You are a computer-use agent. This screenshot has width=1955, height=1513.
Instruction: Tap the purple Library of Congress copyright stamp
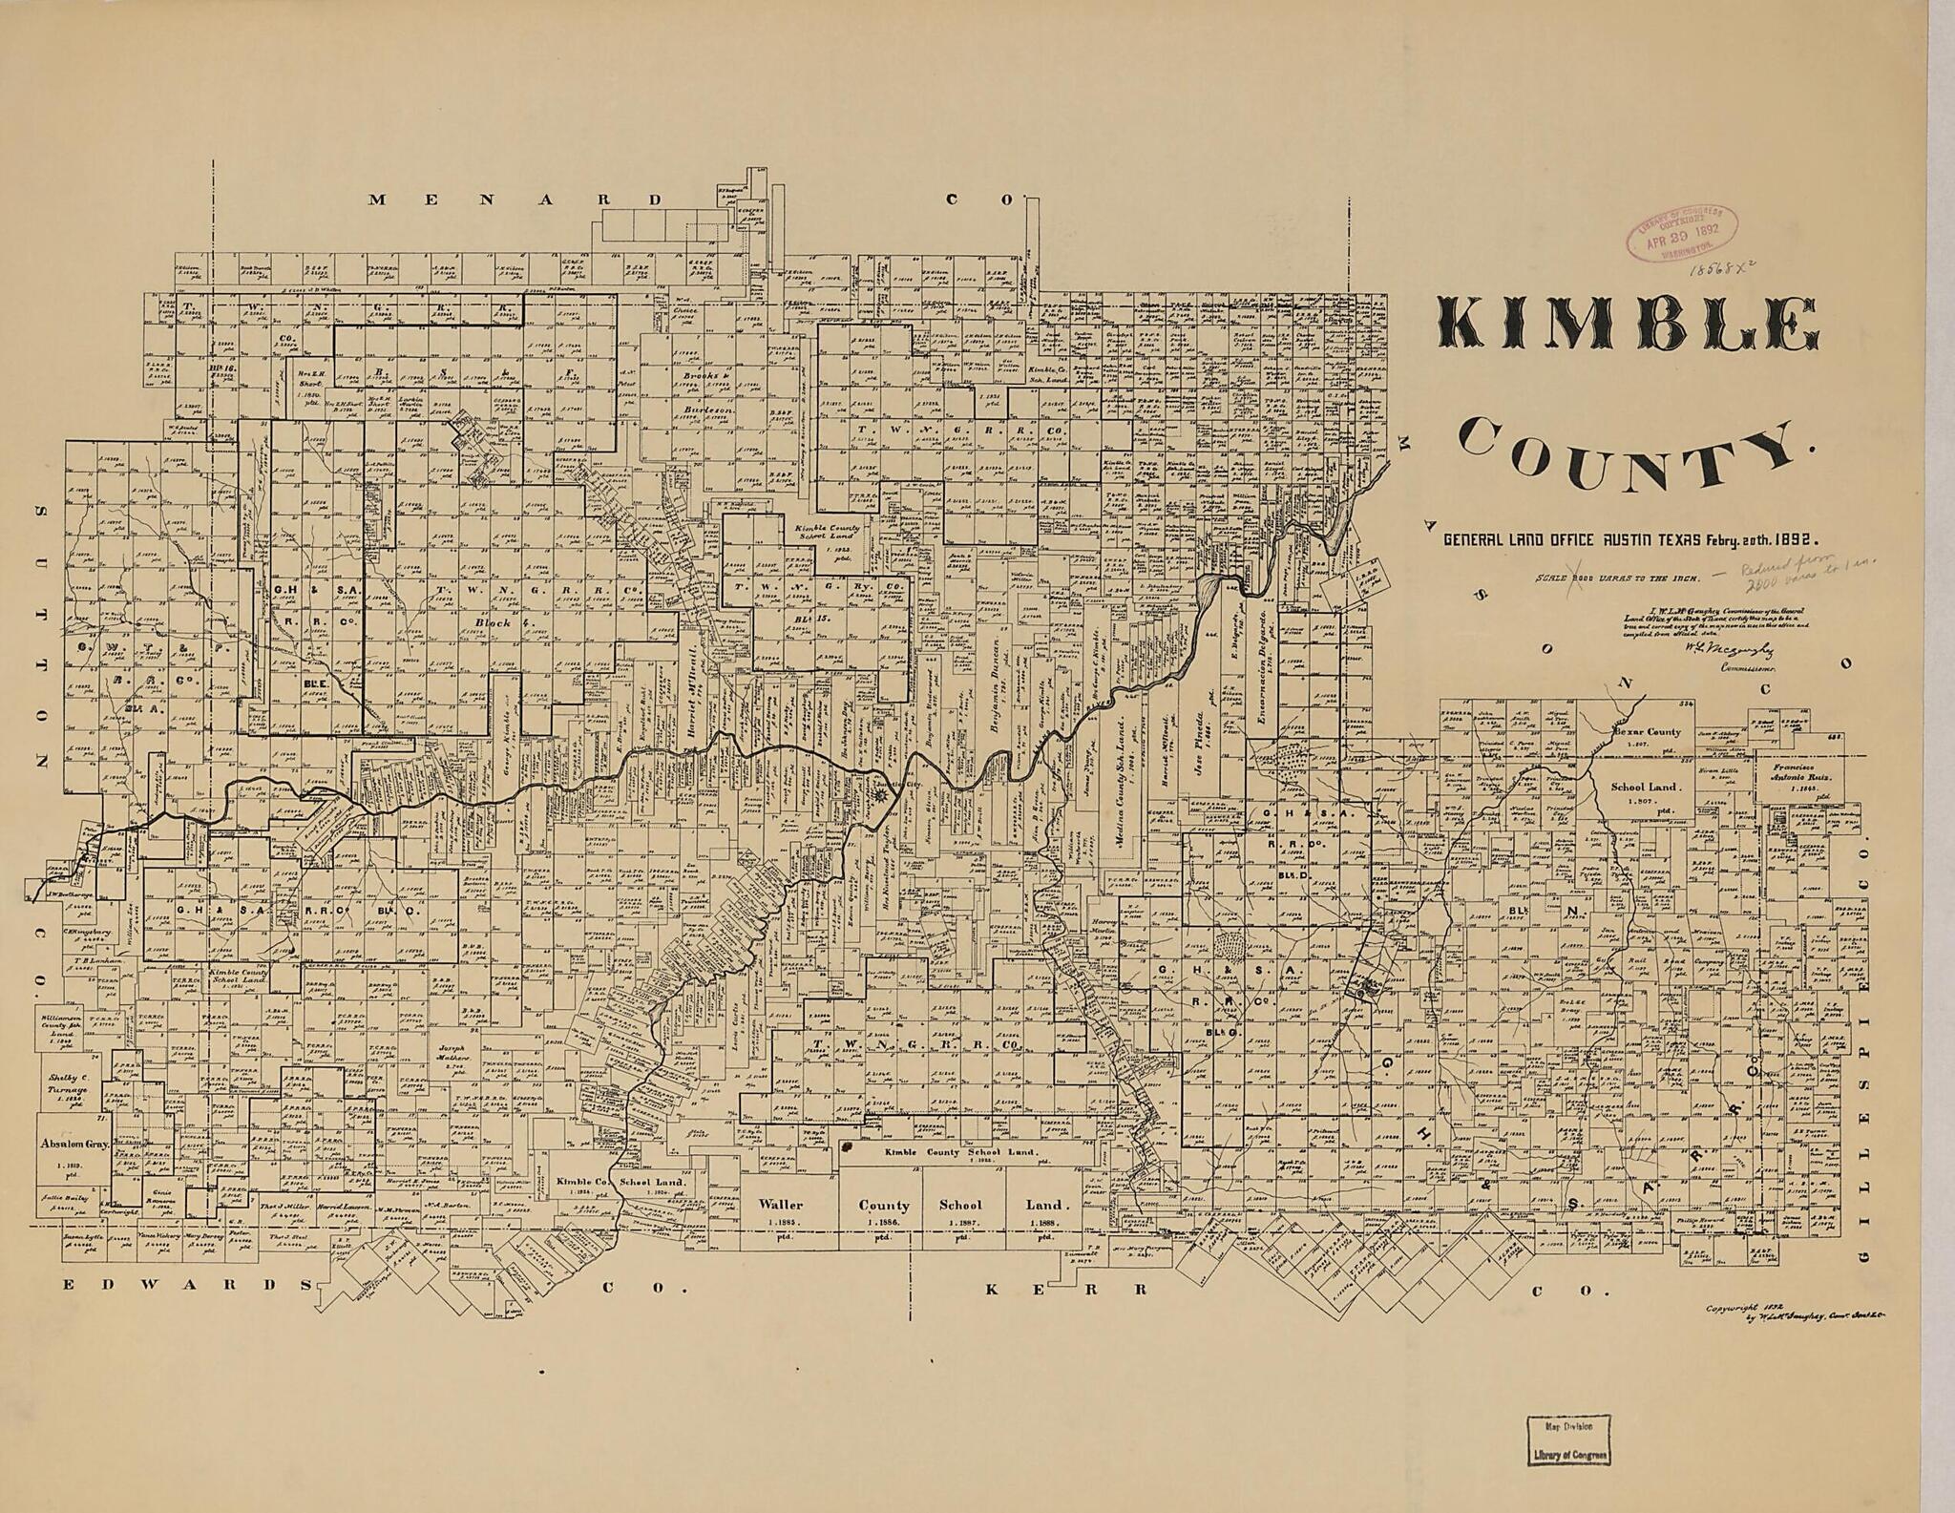[x=1682, y=232]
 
